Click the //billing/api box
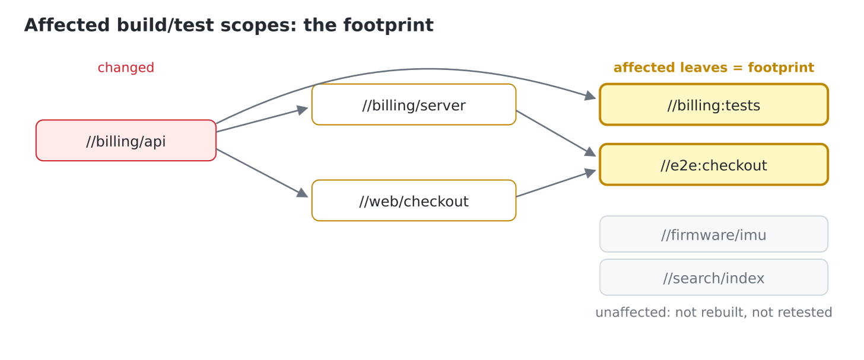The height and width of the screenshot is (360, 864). coord(126,141)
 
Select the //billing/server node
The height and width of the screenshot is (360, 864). coord(414,104)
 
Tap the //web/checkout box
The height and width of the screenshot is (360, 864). coord(414,200)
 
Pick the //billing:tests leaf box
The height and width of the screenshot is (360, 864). coord(713,104)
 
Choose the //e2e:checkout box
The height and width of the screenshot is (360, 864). coord(713,165)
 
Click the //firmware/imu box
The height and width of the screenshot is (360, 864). coord(713,234)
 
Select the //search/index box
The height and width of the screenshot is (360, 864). coord(713,278)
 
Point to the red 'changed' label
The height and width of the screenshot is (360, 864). coord(126,68)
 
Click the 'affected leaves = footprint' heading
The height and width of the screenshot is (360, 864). coord(713,68)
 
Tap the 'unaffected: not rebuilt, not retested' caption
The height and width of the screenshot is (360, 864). coord(713,312)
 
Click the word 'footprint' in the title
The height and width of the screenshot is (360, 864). coord(388,26)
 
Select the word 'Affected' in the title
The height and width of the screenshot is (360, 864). coord(66,26)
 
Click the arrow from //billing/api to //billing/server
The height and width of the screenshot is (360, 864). coord(262,120)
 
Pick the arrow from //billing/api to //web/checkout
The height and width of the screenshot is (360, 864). coord(262,173)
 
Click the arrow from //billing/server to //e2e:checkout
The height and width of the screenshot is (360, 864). coord(556,133)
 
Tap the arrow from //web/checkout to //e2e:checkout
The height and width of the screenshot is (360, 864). coord(556,183)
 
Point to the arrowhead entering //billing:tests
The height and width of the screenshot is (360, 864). coord(590,95)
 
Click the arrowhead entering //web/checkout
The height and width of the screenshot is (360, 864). coord(303,193)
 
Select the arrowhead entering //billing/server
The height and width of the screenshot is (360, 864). coord(303,110)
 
